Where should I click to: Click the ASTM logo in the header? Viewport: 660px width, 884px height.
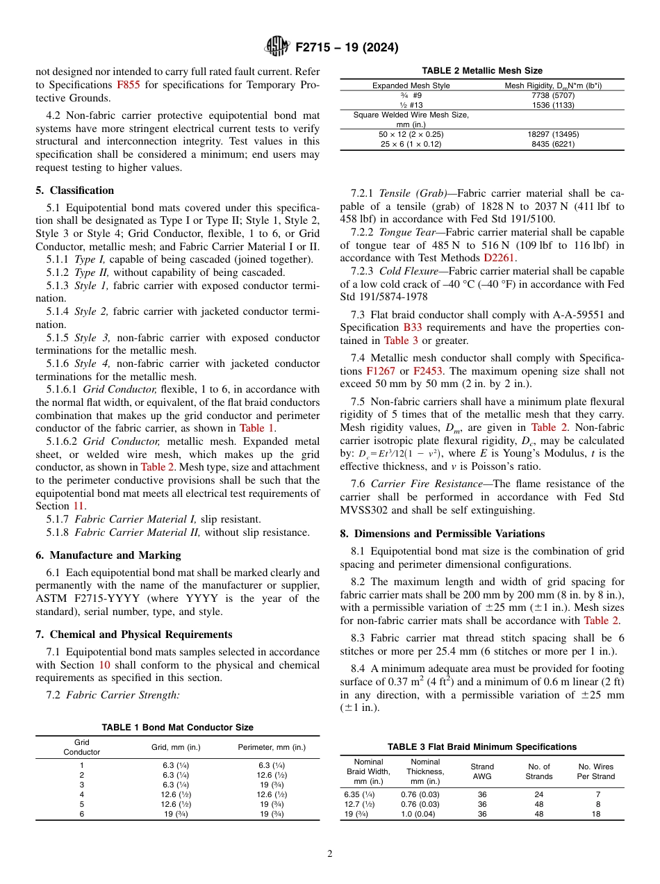tap(278, 47)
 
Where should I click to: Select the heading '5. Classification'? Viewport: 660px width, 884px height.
tap(75, 190)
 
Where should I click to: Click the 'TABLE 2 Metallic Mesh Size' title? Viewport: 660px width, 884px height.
tap(482, 71)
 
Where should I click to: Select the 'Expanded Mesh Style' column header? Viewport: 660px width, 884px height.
tap(411, 86)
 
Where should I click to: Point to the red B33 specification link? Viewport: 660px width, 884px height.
tap(412, 327)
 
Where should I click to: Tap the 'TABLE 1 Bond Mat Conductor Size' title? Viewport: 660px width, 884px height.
tap(178, 728)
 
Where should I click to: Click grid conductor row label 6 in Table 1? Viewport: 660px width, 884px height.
tap(81, 814)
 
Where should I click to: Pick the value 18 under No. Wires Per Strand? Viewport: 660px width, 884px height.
tap(595, 815)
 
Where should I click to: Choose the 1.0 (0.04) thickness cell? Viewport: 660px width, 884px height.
tap(418, 815)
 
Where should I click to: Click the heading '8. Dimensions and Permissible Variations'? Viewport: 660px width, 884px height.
tap(450, 534)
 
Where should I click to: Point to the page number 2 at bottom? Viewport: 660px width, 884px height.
tap(330, 854)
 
